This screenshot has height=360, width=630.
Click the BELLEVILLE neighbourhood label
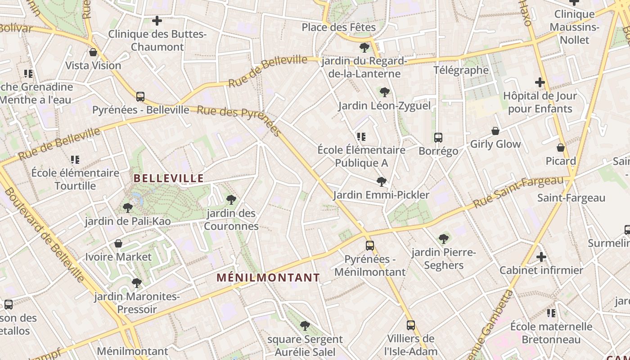169,178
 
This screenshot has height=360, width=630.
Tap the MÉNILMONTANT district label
268,278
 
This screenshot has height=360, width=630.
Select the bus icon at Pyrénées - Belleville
140,97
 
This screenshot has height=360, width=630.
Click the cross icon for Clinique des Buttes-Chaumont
157,21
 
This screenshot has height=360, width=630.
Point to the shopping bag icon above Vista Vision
93,53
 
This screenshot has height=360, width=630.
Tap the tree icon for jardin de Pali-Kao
128,208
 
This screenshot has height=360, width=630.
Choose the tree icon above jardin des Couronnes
231,199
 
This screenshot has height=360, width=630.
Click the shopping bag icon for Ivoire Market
118,243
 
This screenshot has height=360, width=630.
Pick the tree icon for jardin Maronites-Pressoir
137,283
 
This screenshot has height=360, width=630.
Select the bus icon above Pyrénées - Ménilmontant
370,246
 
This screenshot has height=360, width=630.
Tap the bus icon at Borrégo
438,138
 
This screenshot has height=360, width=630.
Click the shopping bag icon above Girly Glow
495,131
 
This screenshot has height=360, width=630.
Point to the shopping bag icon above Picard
561,148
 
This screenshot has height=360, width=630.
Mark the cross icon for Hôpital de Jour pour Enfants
540,82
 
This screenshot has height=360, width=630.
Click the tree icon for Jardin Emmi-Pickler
382,182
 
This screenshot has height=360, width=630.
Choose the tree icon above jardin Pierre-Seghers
444,239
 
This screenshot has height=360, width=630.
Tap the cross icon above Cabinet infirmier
541,257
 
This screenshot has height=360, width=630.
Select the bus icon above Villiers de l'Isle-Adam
410,325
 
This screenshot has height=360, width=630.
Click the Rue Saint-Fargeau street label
518,192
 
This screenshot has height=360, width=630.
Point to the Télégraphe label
461,70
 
